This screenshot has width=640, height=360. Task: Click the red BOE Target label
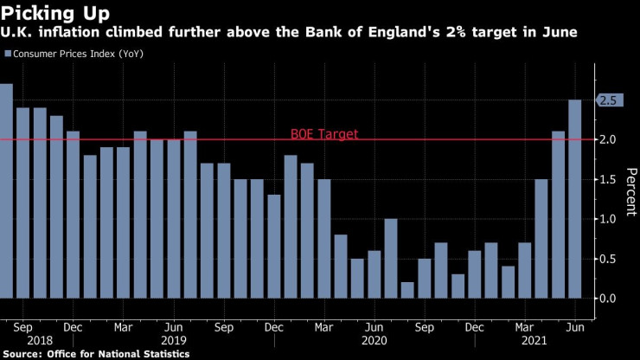(x=323, y=134)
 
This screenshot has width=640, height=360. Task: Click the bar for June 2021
(x=574, y=199)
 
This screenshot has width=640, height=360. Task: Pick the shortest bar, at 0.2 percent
(x=407, y=290)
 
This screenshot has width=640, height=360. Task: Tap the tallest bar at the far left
(x=5, y=190)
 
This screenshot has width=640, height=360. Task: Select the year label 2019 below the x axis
(x=174, y=342)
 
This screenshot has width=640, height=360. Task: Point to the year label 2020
(x=374, y=342)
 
